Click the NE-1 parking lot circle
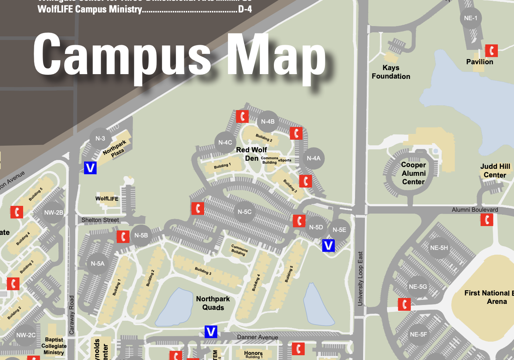coord(470,18)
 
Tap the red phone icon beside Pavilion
coord(491,51)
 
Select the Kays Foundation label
coord(391,72)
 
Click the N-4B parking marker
coord(268,121)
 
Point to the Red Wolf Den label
coord(251,154)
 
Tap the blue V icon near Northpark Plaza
coord(90,168)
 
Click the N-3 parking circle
coord(100,138)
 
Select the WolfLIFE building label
coord(107,199)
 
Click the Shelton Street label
coord(100,220)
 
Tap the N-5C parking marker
coord(245,212)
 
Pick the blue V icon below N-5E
coord(328,246)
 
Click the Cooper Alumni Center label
coord(413,173)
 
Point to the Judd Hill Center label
coord(495,171)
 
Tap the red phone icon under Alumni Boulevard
coord(487,219)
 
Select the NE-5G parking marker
coord(418,287)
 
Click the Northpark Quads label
coord(213,303)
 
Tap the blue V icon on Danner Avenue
coord(211,332)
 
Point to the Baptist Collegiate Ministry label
coord(54,346)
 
